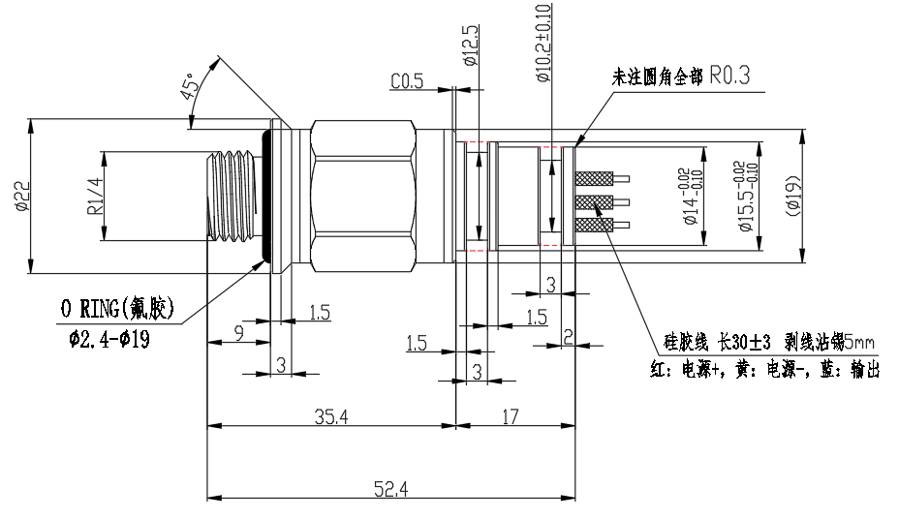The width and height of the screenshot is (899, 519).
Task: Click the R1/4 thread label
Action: (x=95, y=197)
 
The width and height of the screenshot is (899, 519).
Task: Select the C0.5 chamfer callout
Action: (x=407, y=82)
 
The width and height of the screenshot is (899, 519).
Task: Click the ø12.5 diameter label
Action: (x=472, y=46)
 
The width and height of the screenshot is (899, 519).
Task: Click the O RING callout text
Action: (x=117, y=310)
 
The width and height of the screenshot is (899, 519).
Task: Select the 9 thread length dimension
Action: (x=238, y=332)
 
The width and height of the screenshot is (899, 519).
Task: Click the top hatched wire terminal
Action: (x=593, y=179)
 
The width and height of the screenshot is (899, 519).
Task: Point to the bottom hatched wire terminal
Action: (x=593, y=225)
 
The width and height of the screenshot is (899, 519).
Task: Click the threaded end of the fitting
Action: (x=233, y=197)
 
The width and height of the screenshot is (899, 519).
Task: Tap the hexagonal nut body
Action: (x=363, y=193)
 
